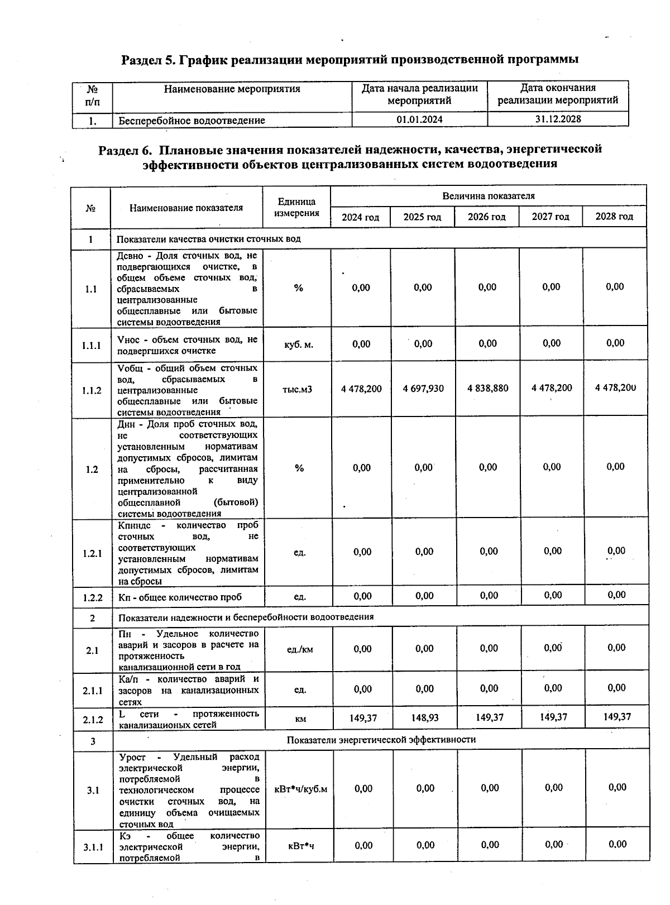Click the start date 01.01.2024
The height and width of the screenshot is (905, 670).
click(419, 119)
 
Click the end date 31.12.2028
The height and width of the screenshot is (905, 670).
click(558, 119)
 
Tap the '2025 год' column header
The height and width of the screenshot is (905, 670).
click(422, 217)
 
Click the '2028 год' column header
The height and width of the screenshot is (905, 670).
click(614, 217)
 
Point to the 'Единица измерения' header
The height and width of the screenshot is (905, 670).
click(297, 207)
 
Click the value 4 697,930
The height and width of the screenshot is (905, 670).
click(423, 388)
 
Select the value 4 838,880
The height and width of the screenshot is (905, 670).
click(487, 388)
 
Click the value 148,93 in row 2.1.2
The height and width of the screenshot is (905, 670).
click(425, 717)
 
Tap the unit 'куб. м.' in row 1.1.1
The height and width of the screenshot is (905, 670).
click(299, 344)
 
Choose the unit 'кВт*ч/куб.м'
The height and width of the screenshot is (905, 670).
click(300, 789)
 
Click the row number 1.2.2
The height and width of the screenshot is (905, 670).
click(93, 597)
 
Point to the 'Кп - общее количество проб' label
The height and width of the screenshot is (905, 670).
click(180, 597)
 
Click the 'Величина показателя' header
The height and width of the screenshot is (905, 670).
click(489, 196)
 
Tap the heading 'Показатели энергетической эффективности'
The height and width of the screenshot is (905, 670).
click(381, 740)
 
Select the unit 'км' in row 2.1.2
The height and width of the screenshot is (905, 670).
click(300, 719)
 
